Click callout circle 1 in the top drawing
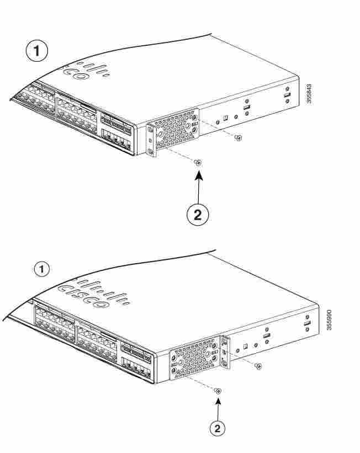point(37,51)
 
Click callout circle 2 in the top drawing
point(198,215)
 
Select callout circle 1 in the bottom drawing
point(41,269)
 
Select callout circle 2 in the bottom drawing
point(217,428)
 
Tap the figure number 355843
point(309,94)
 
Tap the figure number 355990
point(329,319)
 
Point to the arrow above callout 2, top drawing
point(199,187)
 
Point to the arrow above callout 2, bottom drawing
point(218,409)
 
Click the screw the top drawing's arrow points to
point(198,163)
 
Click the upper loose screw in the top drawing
point(239,138)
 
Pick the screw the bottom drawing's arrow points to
point(218,391)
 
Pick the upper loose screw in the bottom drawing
point(259,366)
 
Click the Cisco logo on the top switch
point(85,71)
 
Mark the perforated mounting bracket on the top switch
point(173,132)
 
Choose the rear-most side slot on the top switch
point(287,95)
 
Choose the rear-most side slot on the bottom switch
point(308,323)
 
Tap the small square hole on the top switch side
point(226,118)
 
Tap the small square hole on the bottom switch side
point(246,347)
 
